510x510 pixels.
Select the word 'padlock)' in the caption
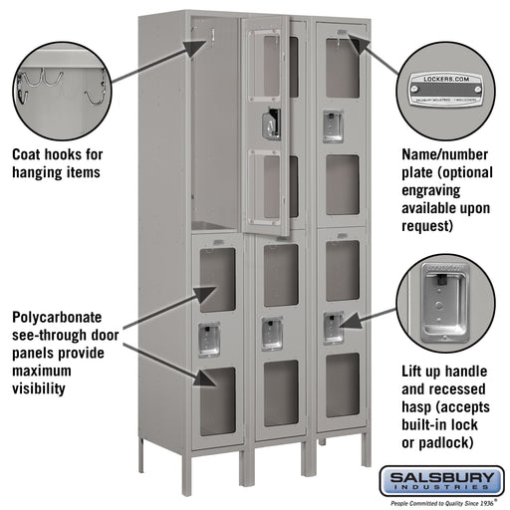(x=454, y=441)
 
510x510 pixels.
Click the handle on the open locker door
(x=267, y=125)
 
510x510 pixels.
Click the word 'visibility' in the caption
(x=41, y=387)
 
